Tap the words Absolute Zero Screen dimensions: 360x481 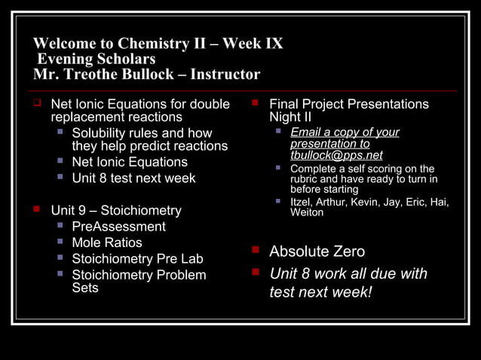pyautogui.click(x=317, y=252)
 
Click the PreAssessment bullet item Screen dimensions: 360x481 pyautogui.click(x=118, y=226)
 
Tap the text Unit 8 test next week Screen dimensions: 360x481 pyautogui.click(x=133, y=178)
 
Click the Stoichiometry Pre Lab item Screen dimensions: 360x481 pyautogui.click(x=137, y=259)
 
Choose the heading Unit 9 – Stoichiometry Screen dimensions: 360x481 pyautogui.click(x=116, y=210)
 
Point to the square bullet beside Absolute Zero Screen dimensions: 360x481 pyautogui.click(x=256, y=250)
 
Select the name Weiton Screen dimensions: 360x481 pyautogui.click(x=307, y=212)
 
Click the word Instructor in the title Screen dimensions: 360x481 pyautogui.click(x=225, y=75)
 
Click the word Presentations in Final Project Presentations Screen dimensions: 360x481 pyautogui.click(x=386, y=104)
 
